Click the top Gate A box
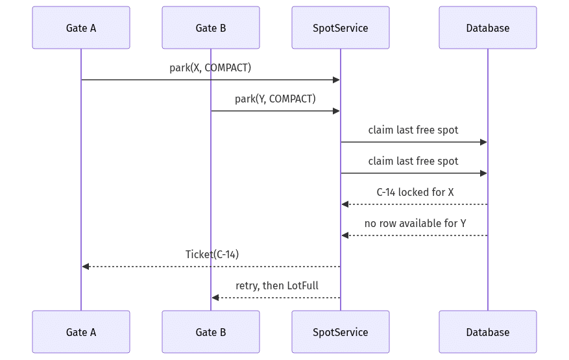point(81,28)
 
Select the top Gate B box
point(211,28)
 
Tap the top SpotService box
point(341,28)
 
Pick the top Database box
point(488,28)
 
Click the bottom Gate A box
point(81,331)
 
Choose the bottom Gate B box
point(211,331)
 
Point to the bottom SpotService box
point(341,331)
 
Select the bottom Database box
point(488,331)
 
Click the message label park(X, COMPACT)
point(210,68)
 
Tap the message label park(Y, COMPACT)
point(276,99)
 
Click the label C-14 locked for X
point(415,192)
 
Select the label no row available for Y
point(415,223)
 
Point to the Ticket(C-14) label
point(212,254)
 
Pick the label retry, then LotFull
point(277,285)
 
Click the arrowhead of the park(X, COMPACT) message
point(336,80)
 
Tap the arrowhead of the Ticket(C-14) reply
point(86,267)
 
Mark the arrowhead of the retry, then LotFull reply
point(215,298)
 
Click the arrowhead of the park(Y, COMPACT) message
point(336,111)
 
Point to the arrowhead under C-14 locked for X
point(345,204)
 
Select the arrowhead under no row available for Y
point(345,235)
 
